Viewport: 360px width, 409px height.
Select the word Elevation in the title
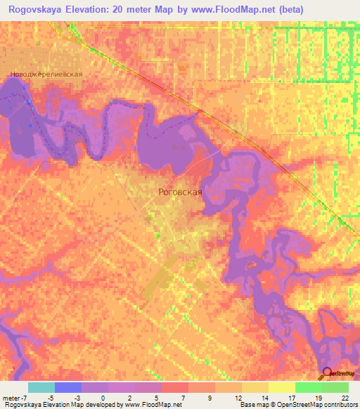[96, 10]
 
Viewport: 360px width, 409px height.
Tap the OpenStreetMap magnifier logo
[327, 374]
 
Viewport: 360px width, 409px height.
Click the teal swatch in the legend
[41, 387]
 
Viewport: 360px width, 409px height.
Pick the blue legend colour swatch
[68, 387]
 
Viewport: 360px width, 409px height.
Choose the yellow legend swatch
[255, 387]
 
